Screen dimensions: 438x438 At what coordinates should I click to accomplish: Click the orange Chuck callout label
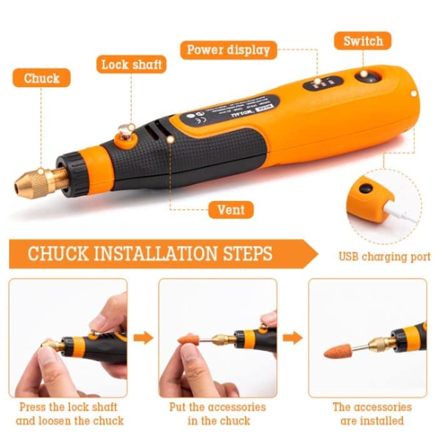(x=41, y=78)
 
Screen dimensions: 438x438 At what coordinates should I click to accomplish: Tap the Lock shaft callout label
(x=131, y=64)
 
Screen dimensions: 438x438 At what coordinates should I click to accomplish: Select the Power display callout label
(x=228, y=50)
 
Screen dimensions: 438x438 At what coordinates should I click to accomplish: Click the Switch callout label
(x=363, y=41)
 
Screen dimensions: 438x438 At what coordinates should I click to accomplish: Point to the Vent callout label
(x=230, y=209)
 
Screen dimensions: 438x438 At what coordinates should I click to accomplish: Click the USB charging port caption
(x=384, y=257)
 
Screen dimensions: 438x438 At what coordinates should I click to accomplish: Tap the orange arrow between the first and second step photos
(x=143, y=338)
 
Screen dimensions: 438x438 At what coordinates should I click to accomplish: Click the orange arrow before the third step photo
(x=292, y=338)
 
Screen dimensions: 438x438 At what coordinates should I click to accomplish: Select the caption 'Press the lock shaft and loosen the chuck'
(x=69, y=414)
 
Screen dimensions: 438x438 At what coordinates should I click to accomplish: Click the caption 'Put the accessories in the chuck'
(x=217, y=414)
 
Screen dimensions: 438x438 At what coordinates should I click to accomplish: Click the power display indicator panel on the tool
(x=323, y=83)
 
